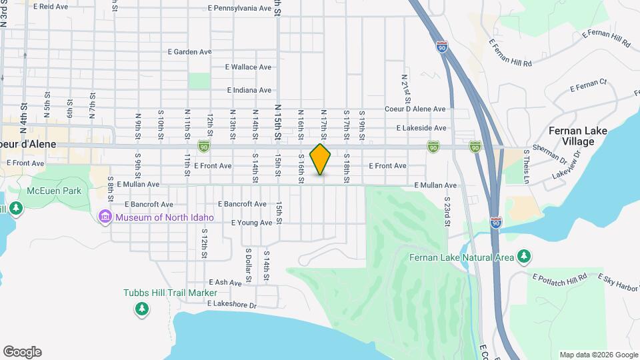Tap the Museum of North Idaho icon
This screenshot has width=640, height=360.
(x=105, y=217)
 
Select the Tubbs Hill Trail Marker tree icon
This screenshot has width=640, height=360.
(x=141, y=309)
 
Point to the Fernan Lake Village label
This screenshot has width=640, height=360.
(x=577, y=136)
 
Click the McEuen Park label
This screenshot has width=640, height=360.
(x=53, y=191)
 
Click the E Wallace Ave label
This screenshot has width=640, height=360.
(x=248, y=67)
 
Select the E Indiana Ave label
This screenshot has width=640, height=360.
(x=249, y=90)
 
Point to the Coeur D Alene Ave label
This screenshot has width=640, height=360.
(x=415, y=109)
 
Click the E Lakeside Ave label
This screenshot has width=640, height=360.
(x=421, y=127)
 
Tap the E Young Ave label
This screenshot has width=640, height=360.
(x=251, y=223)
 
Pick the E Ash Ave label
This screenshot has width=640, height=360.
(x=225, y=283)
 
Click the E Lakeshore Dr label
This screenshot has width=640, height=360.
(x=231, y=305)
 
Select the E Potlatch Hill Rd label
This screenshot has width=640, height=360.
(x=559, y=276)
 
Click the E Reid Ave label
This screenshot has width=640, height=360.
(x=50, y=7)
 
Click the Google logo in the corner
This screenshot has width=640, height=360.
(x=22, y=352)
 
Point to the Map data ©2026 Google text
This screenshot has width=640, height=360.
(x=597, y=355)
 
